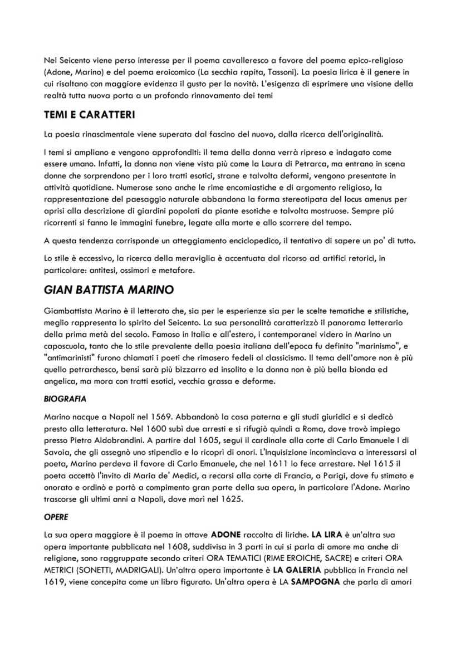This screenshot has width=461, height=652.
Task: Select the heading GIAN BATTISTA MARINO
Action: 109,290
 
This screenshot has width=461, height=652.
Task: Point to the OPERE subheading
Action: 56,517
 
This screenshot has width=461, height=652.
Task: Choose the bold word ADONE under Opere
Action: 226,534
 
